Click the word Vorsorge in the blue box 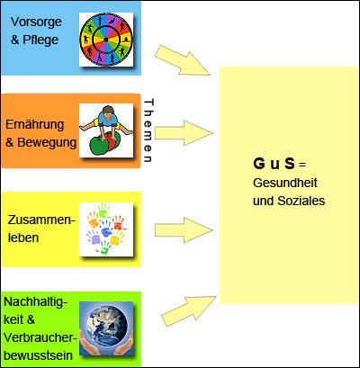36,22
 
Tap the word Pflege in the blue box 40,40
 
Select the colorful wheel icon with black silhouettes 106,40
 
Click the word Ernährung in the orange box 35,124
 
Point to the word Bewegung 47,142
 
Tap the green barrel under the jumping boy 97,145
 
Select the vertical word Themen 148,130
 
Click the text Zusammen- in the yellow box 41,220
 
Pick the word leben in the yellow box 23,238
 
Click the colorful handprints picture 106,229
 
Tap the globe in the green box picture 106,325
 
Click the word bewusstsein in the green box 39,355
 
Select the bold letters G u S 274,164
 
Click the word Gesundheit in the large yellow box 285,183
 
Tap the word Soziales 301,201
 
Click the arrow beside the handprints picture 184,230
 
